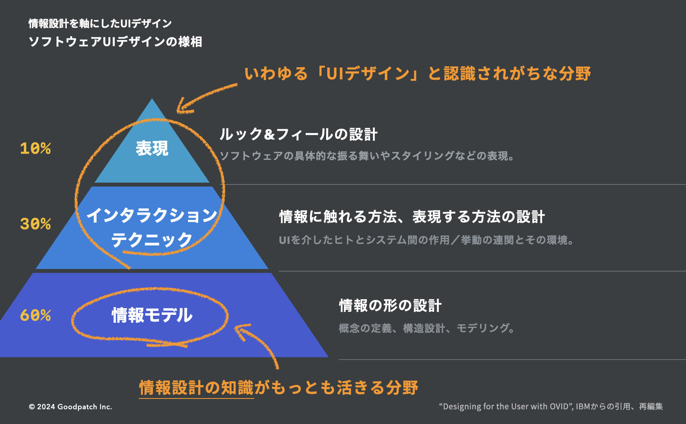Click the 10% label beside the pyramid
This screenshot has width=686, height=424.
click(35, 148)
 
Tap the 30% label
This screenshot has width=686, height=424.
click(35, 224)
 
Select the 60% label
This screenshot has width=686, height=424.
click(35, 315)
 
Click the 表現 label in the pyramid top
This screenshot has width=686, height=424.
click(152, 148)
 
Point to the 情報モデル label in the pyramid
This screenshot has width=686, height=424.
click(152, 315)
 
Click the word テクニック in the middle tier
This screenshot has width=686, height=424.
click(152, 240)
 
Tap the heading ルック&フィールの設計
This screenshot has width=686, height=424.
click(298, 134)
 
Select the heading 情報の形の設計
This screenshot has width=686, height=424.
click(390, 305)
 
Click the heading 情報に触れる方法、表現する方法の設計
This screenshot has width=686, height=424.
click(412, 217)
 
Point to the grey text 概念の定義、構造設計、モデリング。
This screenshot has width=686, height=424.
click(427, 328)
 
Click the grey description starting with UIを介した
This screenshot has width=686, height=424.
click(426, 240)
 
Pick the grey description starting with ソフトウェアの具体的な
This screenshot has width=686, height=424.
click(367, 156)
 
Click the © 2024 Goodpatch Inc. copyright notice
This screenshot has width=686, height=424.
click(70, 407)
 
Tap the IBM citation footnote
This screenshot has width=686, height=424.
click(551, 406)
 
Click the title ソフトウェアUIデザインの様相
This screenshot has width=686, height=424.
click(115, 42)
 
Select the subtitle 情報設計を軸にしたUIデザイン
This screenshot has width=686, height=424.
click(100, 24)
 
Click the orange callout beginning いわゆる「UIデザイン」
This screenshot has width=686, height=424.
click(418, 73)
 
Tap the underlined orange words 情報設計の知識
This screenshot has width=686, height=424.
click(196, 387)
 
